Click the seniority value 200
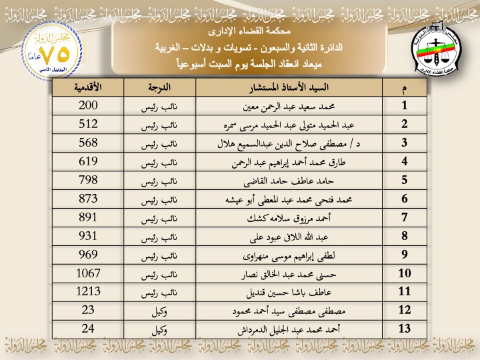click(x=88, y=105)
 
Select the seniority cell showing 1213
click(x=88, y=292)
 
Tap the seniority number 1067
click(x=88, y=273)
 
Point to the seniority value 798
click(x=88, y=180)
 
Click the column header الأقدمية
click(x=88, y=87)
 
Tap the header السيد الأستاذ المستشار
click(x=288, y=87)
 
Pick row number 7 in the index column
click(x=404, y=217)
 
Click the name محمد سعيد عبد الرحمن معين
click(x=288, y=106)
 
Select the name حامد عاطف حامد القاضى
click(x=288, y=181)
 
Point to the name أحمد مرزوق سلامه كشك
click(x=288, y=218)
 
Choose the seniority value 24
click(x=88, y=329)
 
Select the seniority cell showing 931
click(x=88, y=236)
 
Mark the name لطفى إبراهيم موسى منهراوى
click(x=288, y=255)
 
